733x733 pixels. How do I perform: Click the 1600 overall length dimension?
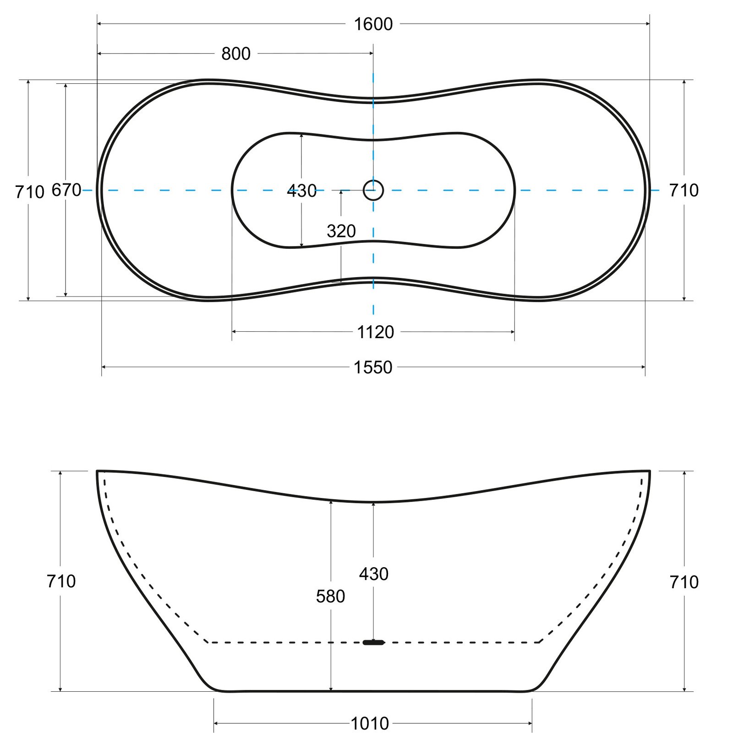coord(373,24)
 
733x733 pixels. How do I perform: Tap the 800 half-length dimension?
coord(236,54)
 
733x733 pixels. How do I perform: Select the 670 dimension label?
coord(66,190)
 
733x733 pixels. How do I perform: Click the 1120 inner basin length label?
coord(375,332)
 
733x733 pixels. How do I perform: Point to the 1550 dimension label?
coord(373,367)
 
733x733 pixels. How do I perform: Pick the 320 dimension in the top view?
coord(341,231)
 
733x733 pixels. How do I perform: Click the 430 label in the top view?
coord(302,191)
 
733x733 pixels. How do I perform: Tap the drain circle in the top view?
coord(373,190)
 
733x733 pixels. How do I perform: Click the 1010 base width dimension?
coord(370,723)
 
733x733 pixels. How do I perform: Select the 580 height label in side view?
coord(330,596)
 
